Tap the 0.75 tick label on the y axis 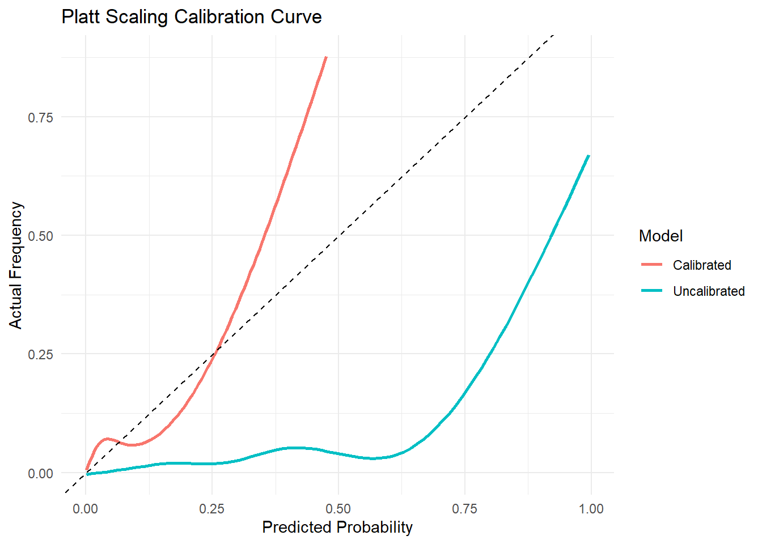pos(41,117)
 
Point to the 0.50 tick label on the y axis pos(41,236)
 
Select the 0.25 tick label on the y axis pos(41,354)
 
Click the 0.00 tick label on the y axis pos(41,473)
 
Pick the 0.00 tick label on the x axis pos(86,509)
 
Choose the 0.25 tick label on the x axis pos(212,509)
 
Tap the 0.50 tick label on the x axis pos(338,509)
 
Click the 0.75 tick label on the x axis pos(465,509)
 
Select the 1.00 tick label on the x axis pos(591,509)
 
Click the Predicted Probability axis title pos(337,528)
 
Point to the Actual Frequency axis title pos(16,265)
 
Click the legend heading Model pos(661,236)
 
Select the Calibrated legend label pos(702,265)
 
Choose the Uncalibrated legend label pos(709,291)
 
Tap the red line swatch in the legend pos(652,265)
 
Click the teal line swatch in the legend pos(652,291)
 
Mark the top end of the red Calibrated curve pos(326,57)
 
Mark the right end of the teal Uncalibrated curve pos(589,155)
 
